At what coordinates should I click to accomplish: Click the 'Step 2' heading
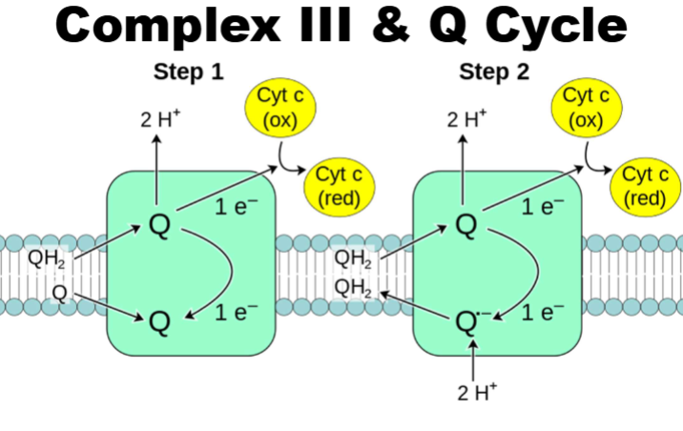click(x=494, y=72)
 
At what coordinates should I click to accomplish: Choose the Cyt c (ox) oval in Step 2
click(x=589, y=108)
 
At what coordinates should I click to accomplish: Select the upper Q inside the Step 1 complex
click(x=160, y=226)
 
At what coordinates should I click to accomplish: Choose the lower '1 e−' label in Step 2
click(x=537, y=311)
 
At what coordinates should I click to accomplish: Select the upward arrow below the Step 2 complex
click(x=474, y=362)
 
